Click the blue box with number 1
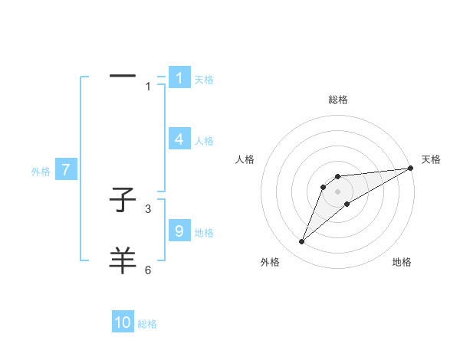coord(179,78)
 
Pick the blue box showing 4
coord(179,139)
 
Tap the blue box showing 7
coord(66,170)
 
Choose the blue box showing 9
coord(179,231)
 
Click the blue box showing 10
coord(123,322)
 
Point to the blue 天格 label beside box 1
coord(204,79)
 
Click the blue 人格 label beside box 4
coord(204,141)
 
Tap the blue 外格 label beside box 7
coord(41,172)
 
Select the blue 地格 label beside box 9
coord(204,232)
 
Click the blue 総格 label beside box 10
coord(147,324)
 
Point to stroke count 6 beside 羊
coord(148,270)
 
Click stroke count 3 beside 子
coord(148,208)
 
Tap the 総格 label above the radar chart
coord(338,100)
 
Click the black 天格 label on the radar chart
coord(431,159)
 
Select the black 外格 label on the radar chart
coord(270,262)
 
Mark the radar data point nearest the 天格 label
coord(410,168)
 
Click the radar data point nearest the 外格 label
coord(301,242)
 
